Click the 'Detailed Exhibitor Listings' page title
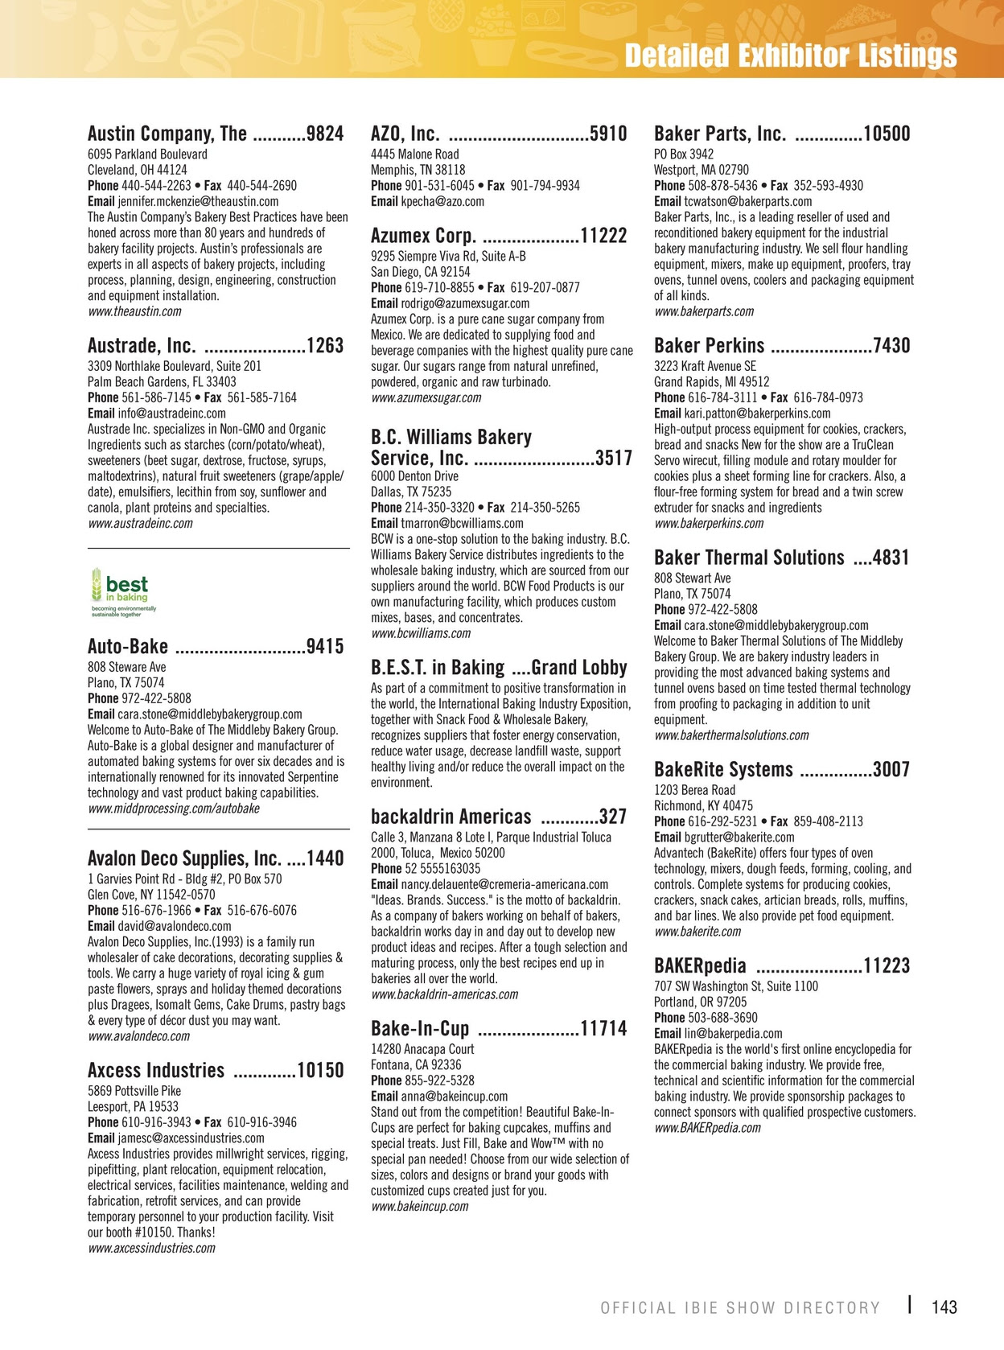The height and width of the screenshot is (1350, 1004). click(790, 56)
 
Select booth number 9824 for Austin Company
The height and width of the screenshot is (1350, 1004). click(325, 134)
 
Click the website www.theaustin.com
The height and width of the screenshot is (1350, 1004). click(134, 311)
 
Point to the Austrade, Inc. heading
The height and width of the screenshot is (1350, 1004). click(142, 346)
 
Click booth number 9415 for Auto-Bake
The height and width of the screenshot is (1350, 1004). click(325, 647)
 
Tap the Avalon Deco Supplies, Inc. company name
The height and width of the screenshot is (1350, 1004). click(184, 858)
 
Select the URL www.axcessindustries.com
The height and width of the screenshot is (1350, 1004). click(152, 1249)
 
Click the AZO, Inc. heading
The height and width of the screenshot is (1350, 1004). click(405, 134)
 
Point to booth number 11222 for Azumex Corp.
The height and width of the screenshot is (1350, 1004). click(603, 236)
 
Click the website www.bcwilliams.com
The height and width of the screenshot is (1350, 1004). click(421, 633)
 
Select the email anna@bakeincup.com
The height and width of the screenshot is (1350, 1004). click(454, 1096)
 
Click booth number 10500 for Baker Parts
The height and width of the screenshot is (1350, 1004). click(887, 134)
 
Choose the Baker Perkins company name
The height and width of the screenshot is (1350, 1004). click(709, 346)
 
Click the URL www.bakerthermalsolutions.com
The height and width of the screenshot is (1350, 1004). click(731, 735)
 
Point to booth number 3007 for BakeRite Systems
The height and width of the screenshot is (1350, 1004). click(891, 770)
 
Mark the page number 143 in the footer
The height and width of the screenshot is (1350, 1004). click(944, 1307)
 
